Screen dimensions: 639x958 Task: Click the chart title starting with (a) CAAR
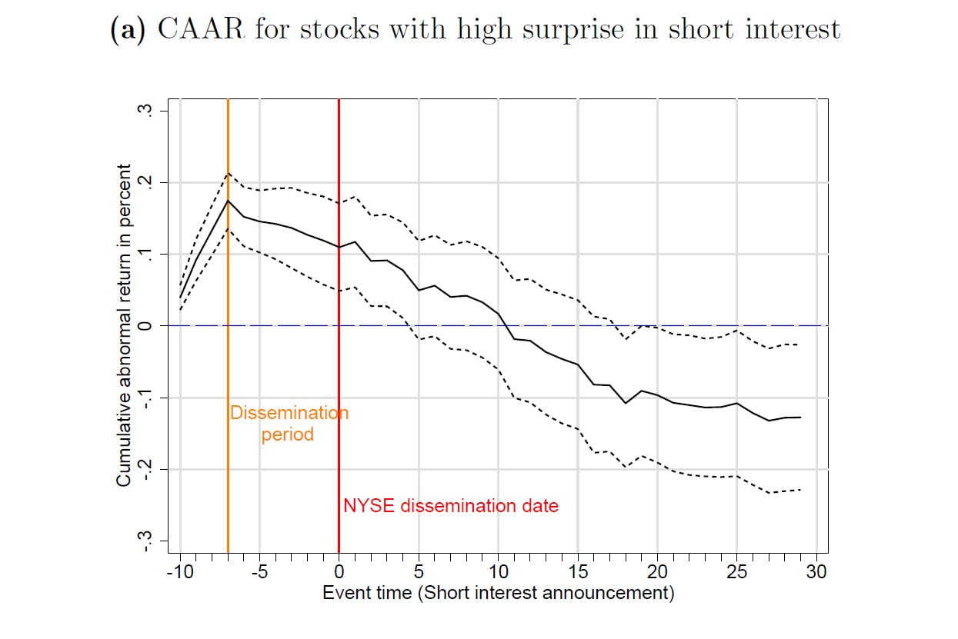tap(476, 29)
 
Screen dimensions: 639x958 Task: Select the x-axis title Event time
tap(498, 593)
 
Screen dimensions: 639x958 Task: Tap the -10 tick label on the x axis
tap(180, 572)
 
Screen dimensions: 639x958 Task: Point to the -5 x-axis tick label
tap(260, 572)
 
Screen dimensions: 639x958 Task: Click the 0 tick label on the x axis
tap(339, 572)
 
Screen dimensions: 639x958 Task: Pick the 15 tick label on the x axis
tap(578, 572)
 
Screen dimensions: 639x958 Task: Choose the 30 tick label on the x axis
tap(816, 572)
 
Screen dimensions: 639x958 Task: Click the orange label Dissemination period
tap(289, 424)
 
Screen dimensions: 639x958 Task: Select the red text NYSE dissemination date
tap(451, 506)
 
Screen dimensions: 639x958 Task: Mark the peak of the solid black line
tap(229, 201)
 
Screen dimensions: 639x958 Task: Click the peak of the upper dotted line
tap(229, 173)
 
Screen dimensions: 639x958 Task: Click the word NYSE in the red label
tap(364, 506)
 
